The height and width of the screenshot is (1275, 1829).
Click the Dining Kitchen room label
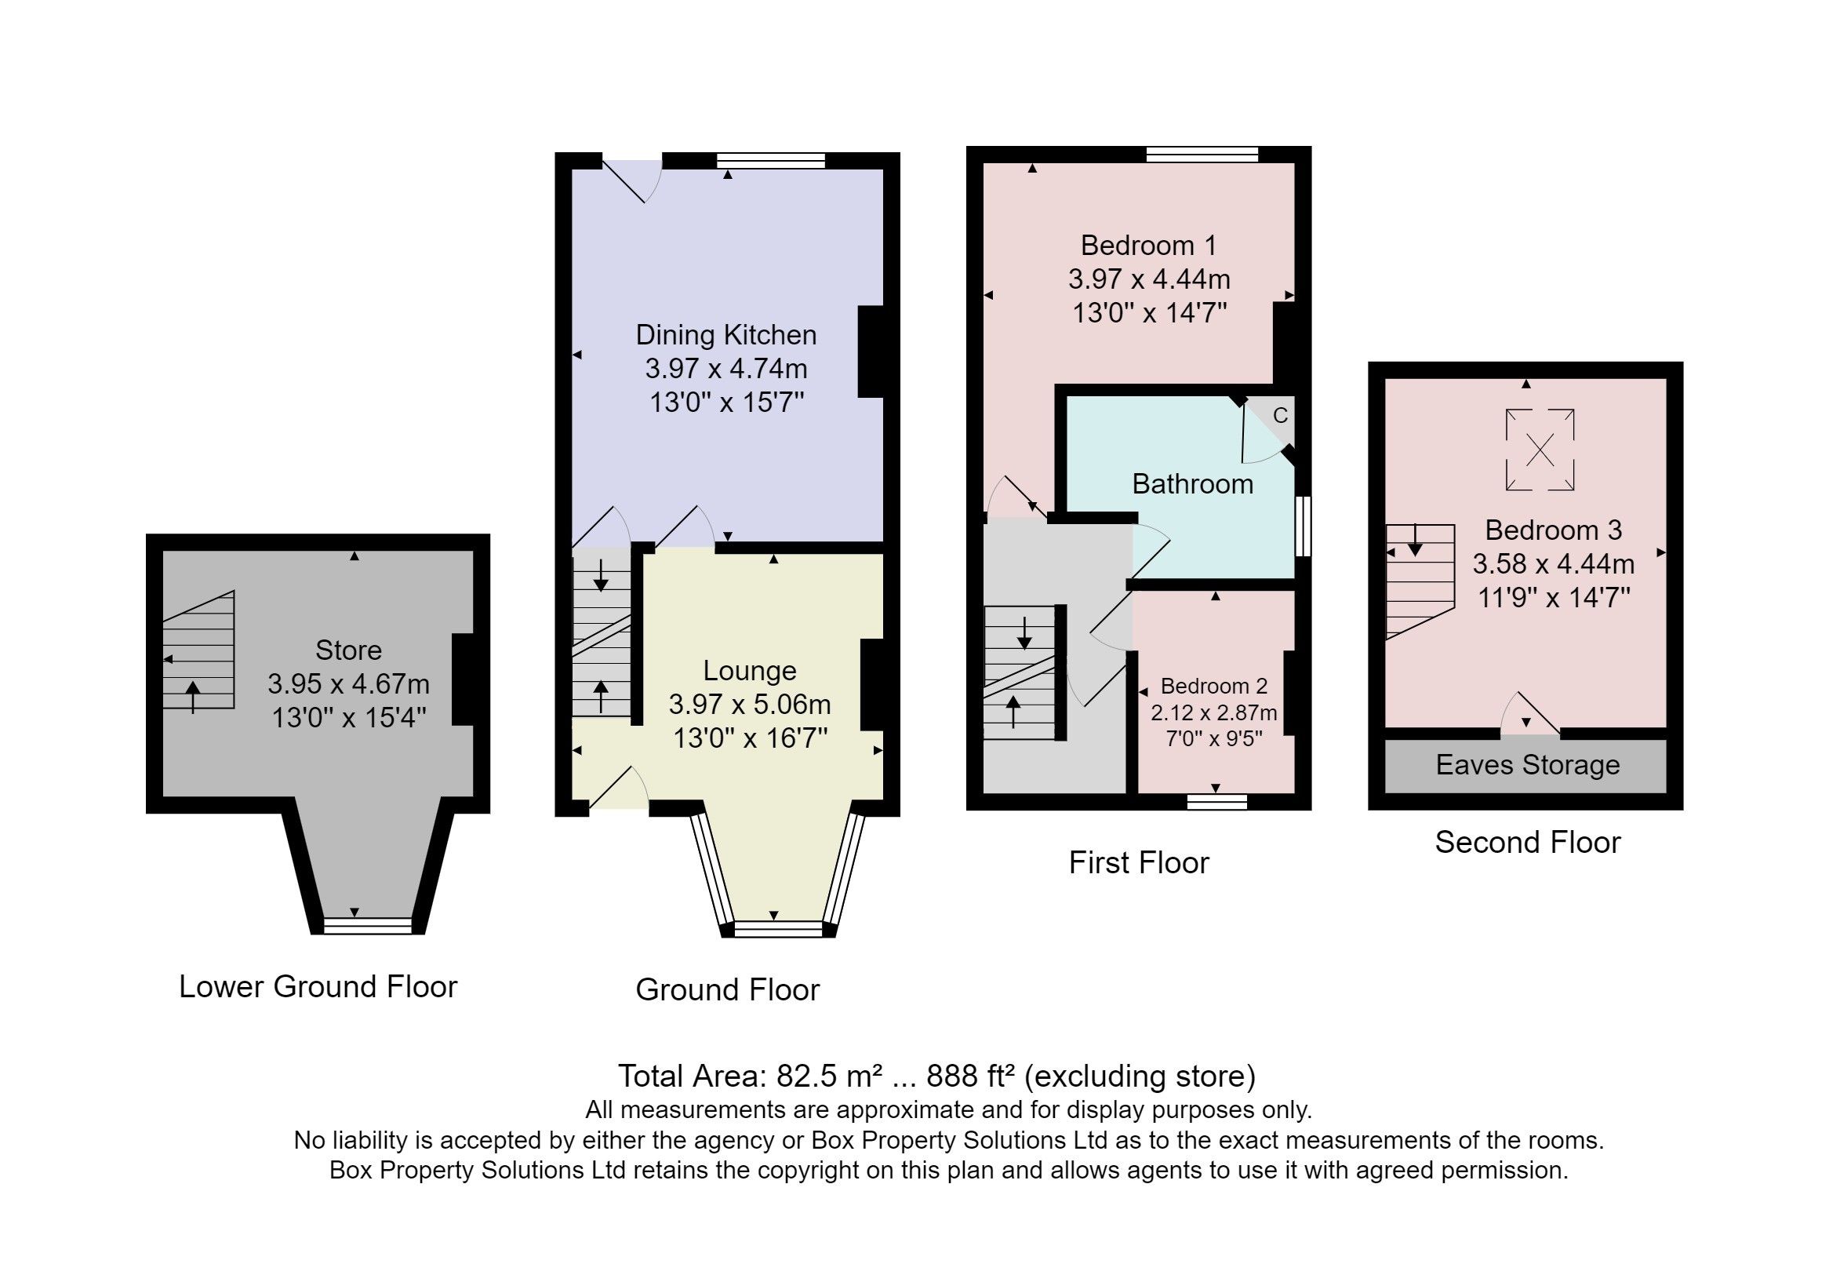[x=725, y=335]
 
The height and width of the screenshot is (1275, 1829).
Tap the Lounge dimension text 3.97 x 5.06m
[x=750, y=705]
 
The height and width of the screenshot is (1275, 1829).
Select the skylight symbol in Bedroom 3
[x=1539, y=450]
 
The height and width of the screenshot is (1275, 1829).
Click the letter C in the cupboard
[x=1280, y=415]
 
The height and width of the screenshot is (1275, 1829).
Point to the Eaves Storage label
[x=1527, y=765]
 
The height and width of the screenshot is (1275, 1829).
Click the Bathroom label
[x=1192, y=483]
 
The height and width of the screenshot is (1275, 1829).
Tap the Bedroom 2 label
[x=1213, y=686]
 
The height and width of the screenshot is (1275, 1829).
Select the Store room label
[x=348, y=650]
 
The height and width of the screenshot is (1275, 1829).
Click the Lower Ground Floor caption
[x=318, y=986]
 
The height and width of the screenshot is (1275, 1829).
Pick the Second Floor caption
[x=1527, y=843]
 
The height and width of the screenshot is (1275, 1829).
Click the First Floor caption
[x=1138, y=862]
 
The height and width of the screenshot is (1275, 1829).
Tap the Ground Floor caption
[x=726, y=989]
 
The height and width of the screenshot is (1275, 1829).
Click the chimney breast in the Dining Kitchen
[x=871, y=352]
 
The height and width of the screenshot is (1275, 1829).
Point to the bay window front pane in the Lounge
[x=777, y=928]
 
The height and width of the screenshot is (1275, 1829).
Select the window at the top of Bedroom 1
[x=1202, y=155]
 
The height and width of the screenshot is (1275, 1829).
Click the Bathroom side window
[x=1303, y=526]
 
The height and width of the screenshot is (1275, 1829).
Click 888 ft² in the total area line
[x=970, y=1076]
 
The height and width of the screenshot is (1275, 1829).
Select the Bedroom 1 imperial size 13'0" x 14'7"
[x=1149, y=312]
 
